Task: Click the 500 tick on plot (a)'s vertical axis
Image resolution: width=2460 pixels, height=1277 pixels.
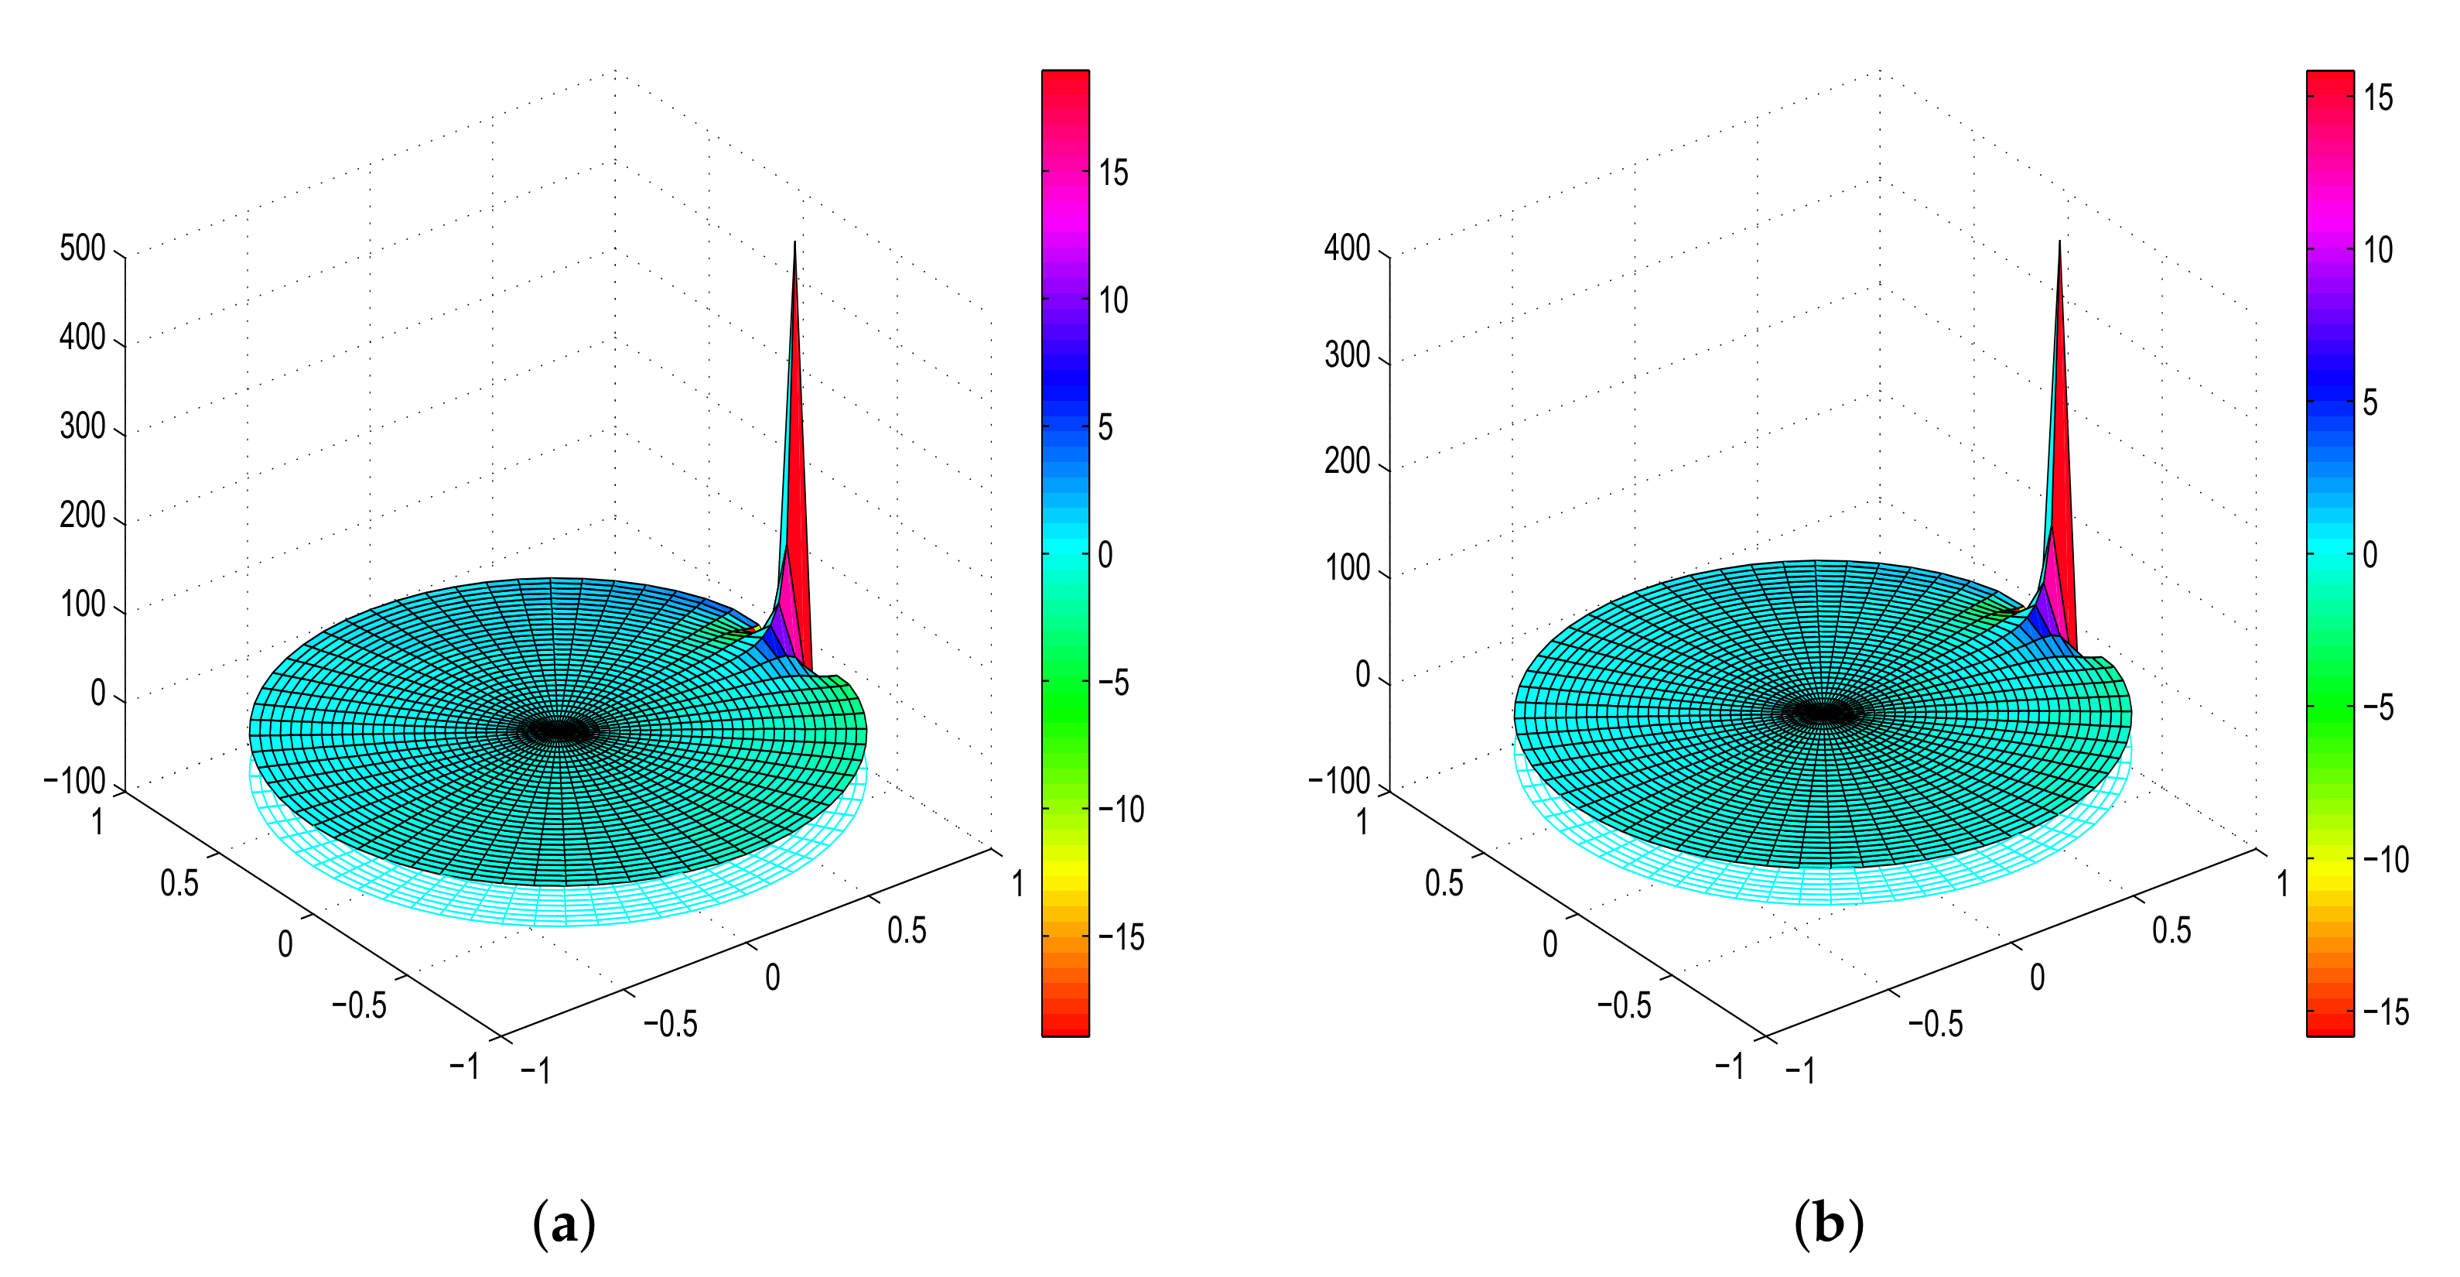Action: pyautogui.click(x=83, y=248)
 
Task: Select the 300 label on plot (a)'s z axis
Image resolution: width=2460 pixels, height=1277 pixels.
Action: pyautogui.click(x=83, y=426)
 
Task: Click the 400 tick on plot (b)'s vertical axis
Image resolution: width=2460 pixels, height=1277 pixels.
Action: pyautogui.click(x=1348, y=248)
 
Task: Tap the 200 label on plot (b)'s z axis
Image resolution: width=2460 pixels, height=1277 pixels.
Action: pyautogui.click(x=1348, y=461)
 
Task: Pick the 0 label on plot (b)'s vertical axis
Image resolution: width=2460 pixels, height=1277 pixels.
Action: pyautogui.click(x=1364, y=674)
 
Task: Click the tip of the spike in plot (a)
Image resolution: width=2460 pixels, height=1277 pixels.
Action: pyautogui.click(x=795, y=244)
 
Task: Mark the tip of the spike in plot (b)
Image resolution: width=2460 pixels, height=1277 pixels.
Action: pyautogui.click(x=2060, y=242)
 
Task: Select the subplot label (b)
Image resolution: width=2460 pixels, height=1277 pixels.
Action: pyautogui.click(x=1829, y=1224)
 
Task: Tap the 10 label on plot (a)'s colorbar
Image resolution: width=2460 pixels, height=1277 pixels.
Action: pyautogui.click(x=1113, y=301)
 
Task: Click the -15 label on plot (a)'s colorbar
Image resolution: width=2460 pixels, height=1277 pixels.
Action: pyautogui.click(x=1121, y=938)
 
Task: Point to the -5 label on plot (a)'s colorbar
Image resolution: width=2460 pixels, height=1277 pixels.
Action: pyautogui.click(x=1113, y=683)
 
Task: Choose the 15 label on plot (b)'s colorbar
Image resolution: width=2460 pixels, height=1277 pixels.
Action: pyautogui.click(x=2378, y=98)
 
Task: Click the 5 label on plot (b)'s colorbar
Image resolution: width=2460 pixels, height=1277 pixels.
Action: pyautogui.click(x=2370, y=403)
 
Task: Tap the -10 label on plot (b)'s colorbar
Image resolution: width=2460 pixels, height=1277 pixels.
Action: pyautogui.click(x=2386, y=860)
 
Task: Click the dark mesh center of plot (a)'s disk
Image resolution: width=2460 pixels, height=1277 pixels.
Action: pyautogui.click(x=561, y=731)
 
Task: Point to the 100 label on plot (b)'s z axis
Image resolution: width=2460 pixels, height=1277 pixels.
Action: pyautogui.click(x=1348, y=568)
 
